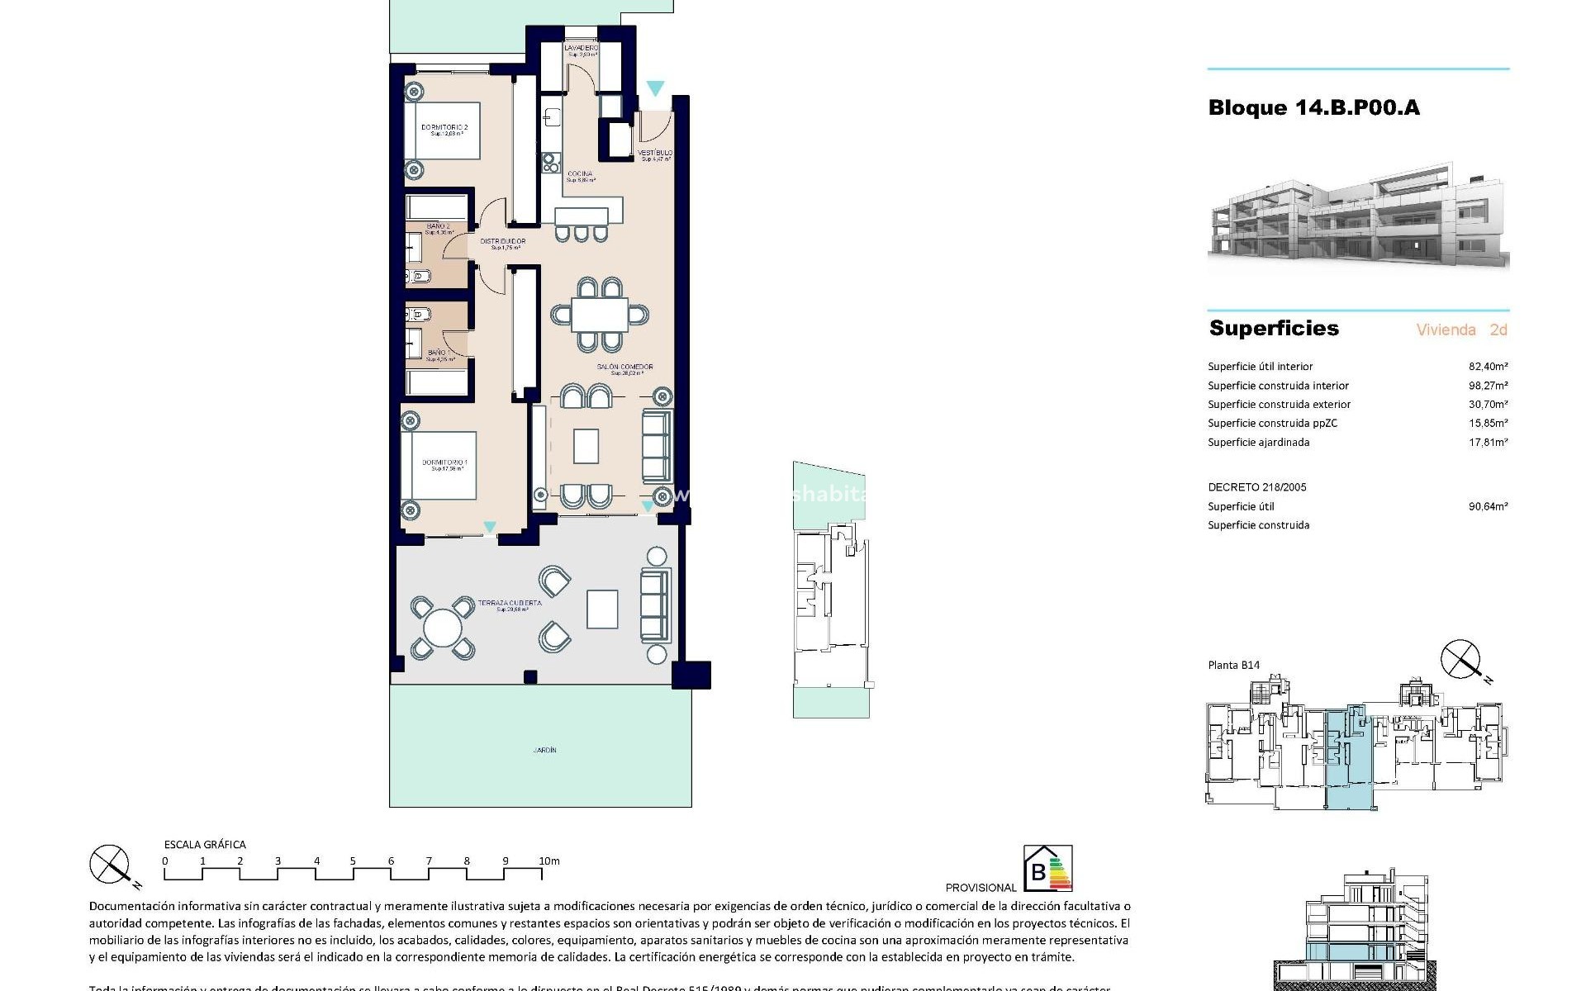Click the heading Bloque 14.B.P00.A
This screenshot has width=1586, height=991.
[x=1313, y=107]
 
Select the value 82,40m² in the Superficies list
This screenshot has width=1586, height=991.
[x=1488, y=367]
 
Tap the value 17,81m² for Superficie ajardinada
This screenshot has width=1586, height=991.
[x=1488, y=443]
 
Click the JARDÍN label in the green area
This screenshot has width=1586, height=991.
[x=544, y=751]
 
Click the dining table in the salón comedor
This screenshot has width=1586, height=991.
[x=600, y=315]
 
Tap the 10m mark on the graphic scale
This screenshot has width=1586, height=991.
[x=549, y=861]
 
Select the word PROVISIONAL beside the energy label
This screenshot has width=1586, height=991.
[x=981, y=888]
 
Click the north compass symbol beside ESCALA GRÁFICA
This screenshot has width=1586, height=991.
[x=110, y=865]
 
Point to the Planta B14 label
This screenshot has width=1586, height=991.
[x=1233, y=666]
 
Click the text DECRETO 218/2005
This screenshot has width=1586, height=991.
[x=1257, y=487]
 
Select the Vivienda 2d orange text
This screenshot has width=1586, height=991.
[x=1461, y=330]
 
